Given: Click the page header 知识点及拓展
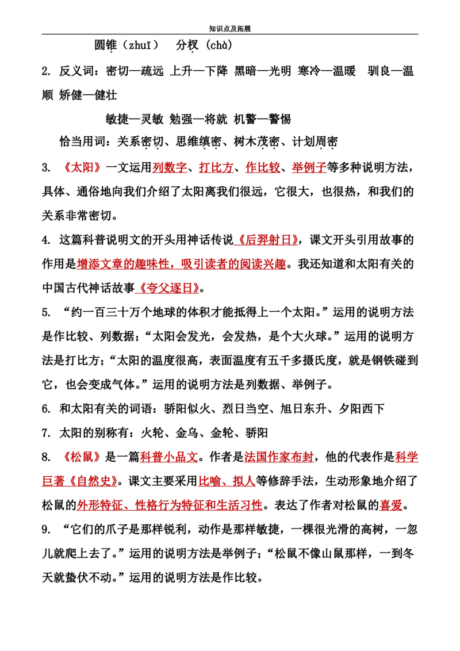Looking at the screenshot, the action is coord(230,29).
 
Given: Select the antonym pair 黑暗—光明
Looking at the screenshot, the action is coord(262,71).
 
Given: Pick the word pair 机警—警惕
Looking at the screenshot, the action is coord(262,119).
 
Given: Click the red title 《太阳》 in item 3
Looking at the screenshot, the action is coord(82,167).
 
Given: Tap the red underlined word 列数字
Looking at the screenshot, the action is coord(170,167).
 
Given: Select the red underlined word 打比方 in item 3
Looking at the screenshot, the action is coord(216,167).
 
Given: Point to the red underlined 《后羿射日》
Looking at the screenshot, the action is coord(266,240).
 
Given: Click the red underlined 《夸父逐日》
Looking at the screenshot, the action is coord(167,288).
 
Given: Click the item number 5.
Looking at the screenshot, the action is coord(45,312).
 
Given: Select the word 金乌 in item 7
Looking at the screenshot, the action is coord(186,433).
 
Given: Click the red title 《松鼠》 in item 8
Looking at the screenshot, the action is coord(82,457).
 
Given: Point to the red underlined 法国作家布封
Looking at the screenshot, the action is coord(278,457).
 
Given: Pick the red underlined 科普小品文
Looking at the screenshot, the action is coord(168,457).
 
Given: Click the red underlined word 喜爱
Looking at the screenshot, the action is coord(390,506).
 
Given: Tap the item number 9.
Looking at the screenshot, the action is coord(45,529).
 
